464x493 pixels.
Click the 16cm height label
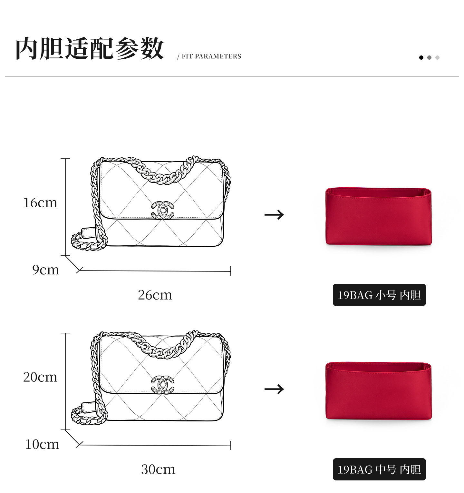pyautogui.click(x=40, y=203)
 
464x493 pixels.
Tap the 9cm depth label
pyautogui.click(x=46, y=270)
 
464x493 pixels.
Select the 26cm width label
pyautogui.click(x=155, y=295)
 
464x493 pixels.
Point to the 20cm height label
pyautogui.click(x=40, y=377)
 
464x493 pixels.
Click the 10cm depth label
pyautogui.click(x=42, y=444)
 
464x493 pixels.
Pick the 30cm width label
pyautogui.click(x=158, y=469)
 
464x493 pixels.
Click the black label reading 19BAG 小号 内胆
pyautogui.click(x=379, y=295)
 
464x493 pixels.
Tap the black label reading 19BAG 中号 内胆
pyautogui.click(x=379, y=469)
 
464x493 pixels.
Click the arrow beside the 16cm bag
pyautogui.click(x=274, y=215)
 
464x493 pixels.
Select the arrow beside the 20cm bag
pyautogui.click(x=274, y=389)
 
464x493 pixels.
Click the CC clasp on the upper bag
pyautogui.click(x=162, y=211)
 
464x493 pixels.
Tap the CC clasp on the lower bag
pyautogui.click(x=162, y=385)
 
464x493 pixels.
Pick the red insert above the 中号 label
pyautogui.click(x=378, y=391)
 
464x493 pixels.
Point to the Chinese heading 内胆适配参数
pyautogui.click(x=90, y=49)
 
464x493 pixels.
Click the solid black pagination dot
pyautogui.click(x=421, y=57)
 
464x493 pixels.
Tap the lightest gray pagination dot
pyautogui.click(x=437, y=57)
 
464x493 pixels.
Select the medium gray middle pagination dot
pyautogui.click(x=429, y=57)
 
